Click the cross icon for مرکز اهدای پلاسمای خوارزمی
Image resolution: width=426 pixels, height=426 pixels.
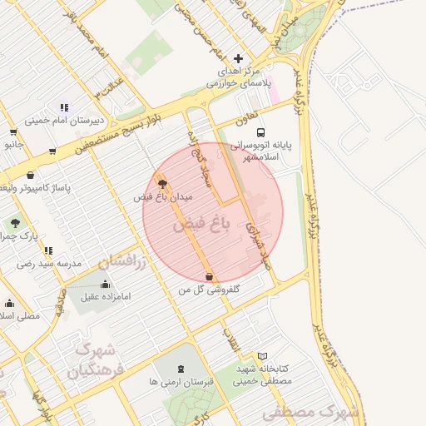pos(239,58)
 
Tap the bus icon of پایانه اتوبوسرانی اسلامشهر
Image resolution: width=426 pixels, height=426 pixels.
pos(261,132)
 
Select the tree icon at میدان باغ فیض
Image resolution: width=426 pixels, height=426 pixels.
pos(161,181)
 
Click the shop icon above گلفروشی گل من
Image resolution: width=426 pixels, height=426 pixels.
pos(209,277)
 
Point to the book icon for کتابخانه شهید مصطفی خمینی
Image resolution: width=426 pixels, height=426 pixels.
pos(262,356)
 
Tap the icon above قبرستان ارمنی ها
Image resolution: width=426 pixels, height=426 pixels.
pos(181,369)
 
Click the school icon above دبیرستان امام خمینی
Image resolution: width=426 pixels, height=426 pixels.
pos(64,106)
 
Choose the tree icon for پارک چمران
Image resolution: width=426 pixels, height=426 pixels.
pos(15,223)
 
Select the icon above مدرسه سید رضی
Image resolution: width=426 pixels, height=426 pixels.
pos(47,250)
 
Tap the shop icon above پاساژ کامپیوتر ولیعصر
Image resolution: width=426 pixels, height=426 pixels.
pos(32,175)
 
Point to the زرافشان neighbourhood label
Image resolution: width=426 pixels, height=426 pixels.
pos(121,262)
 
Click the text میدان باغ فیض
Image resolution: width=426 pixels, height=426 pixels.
pos(163,197)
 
